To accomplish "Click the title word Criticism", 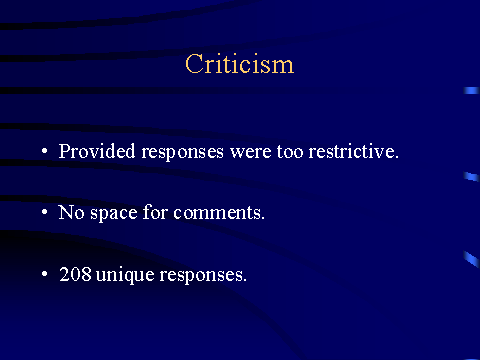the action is [x=240, y=63].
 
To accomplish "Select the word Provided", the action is [x=97, y=151].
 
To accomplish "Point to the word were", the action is [x=250, y=153].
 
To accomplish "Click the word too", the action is [x=290, y=152].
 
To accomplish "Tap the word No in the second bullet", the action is [x=71, y=212].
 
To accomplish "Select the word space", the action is [x=114, y=214].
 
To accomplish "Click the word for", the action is [x=155, y=212].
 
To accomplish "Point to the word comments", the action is [x=217, y=213].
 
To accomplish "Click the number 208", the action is [x=75, y=274].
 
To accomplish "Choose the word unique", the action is [x=125, y=276].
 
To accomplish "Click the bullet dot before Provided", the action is [x=45, y=151].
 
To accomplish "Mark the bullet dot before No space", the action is [x=45, y=212].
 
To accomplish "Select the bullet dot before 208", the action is [x=45, y=274].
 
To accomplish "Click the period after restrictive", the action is [x=397, y=157].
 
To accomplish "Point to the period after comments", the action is [x=263, y=218].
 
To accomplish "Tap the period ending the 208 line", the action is [x=245, y=280].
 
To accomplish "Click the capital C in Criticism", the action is [x=194, y=63].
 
